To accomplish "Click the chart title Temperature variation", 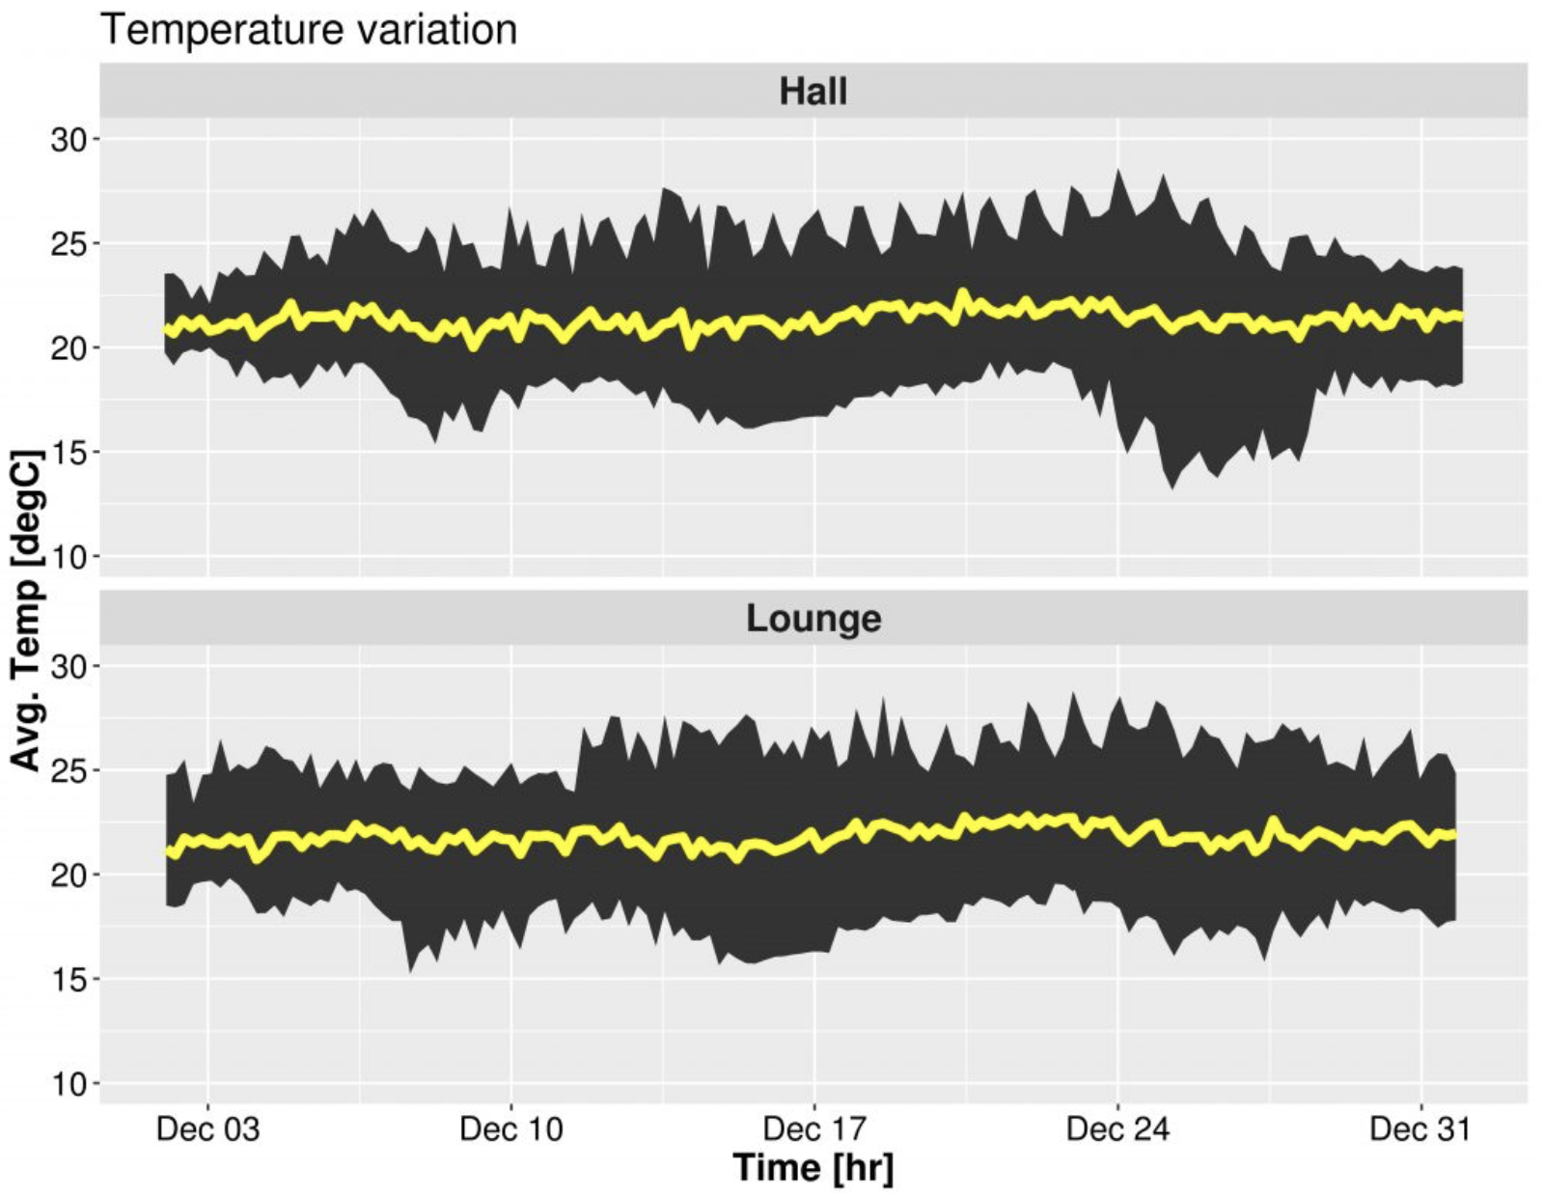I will pos(309,29).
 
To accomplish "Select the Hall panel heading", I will pos(813,92).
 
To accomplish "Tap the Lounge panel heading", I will pos(813,618).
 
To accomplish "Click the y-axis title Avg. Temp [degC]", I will pos(27,610).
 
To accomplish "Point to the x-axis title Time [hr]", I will pos(813,1168).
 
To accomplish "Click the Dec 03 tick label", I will pos(207,1128).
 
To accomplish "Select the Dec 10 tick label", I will pos(510,1128).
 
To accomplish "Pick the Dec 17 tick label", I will pos(814,1128).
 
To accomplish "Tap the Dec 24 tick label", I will pos(1117,1128).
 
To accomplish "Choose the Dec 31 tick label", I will pos(1420,1128).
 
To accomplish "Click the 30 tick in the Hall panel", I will pos(69,140).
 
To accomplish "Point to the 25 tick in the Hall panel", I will pos(69,244).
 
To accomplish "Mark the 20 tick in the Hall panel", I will pos(69,348).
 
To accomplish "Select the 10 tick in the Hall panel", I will pos(69,557).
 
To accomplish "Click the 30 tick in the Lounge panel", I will pos(69,667).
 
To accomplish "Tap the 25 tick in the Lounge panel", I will pos(69,771).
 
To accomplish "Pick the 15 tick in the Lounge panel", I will pos(69,980).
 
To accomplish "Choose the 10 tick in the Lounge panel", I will pos(69,1084).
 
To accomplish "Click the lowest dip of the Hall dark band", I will pos(1172,487).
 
